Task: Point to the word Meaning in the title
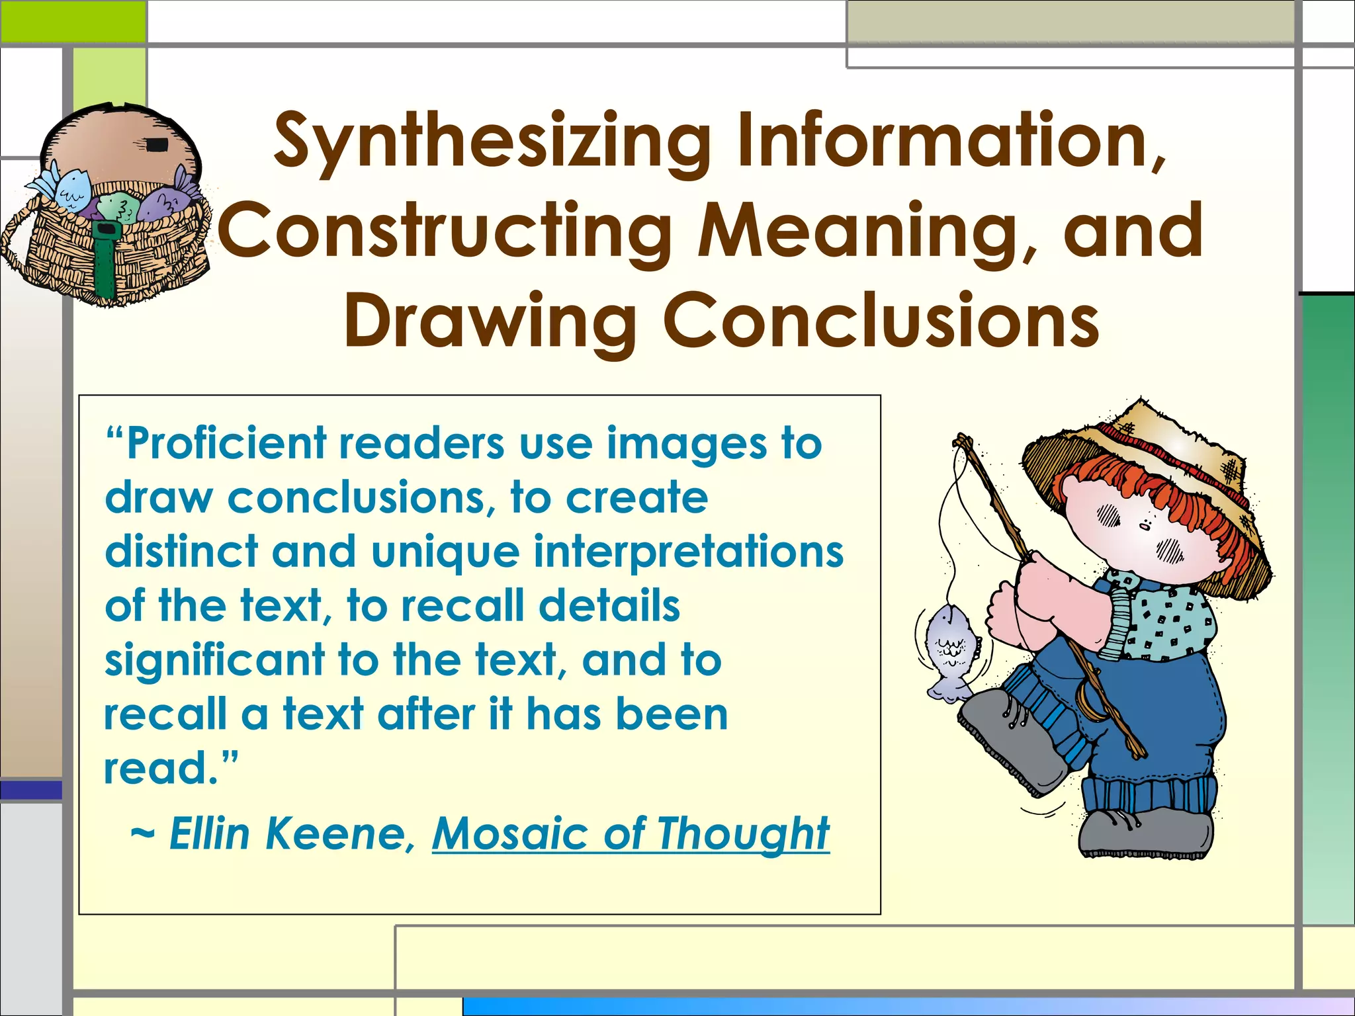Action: click(859, 232)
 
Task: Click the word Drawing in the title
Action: click(490, 322)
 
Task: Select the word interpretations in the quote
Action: click(688, 552)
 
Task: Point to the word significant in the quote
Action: click(215, 660)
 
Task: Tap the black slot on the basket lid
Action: click(156, 145)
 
